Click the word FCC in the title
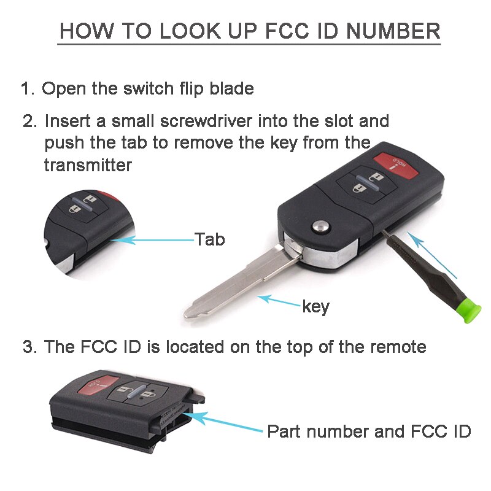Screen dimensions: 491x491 290,31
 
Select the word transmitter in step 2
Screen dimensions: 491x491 88,165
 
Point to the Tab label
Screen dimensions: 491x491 209,239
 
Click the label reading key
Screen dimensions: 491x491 315,306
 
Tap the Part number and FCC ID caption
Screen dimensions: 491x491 368,431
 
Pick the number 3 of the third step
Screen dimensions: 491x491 27,347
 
